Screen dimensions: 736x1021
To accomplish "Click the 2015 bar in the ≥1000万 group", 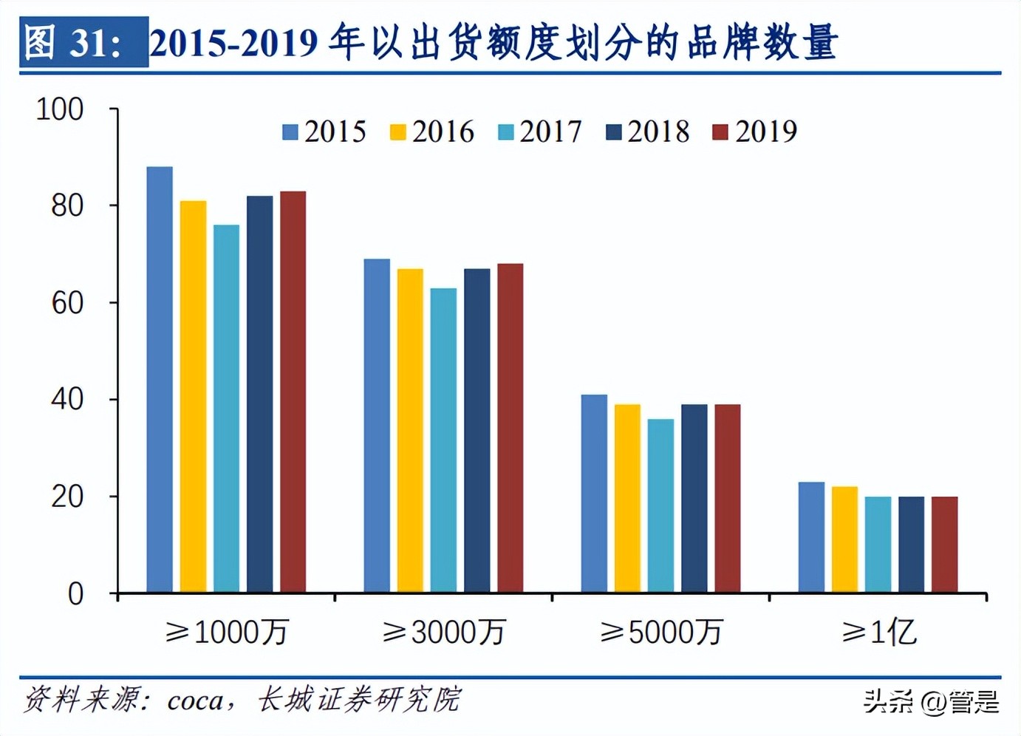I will pyautogui.click(x=160, y=380).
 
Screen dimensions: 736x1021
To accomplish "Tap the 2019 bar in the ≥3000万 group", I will pyautogui.click(x=510, y=429).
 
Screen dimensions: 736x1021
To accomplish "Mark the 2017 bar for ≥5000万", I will pyautogui.click(x=660, y=506).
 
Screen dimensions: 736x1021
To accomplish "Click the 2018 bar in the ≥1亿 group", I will pyautogui.click(x=911, y=545).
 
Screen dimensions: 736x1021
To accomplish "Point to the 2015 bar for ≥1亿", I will pyautogui.click(x=811, y=537).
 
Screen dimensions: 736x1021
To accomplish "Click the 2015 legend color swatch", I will pyautogui.click(x=290, y=132).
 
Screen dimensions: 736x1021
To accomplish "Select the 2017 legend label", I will pyautogui.click(x=550, y=132).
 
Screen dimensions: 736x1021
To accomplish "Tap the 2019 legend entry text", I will pyautogui.click(x=766, y=132).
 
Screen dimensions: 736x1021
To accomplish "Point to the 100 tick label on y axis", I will pyautogui.click(x=60, y=109).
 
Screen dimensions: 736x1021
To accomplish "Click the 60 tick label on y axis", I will pyautogui.click(x=67, y=303).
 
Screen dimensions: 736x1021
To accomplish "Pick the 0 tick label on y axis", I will pyautogui.click(x=75, y=594).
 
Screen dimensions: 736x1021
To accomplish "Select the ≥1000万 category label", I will pyautogui.click(x=226, y=633).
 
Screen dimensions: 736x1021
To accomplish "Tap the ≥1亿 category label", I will pyautogui.click(x=879, y=633).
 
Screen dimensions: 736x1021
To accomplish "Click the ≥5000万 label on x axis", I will pyautogui.click(x=660, y=633).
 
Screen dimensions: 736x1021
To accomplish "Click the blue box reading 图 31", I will pyautogui.click(x=83, y=42).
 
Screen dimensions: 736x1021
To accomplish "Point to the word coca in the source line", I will pyautogui.click(x=195, y=700).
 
